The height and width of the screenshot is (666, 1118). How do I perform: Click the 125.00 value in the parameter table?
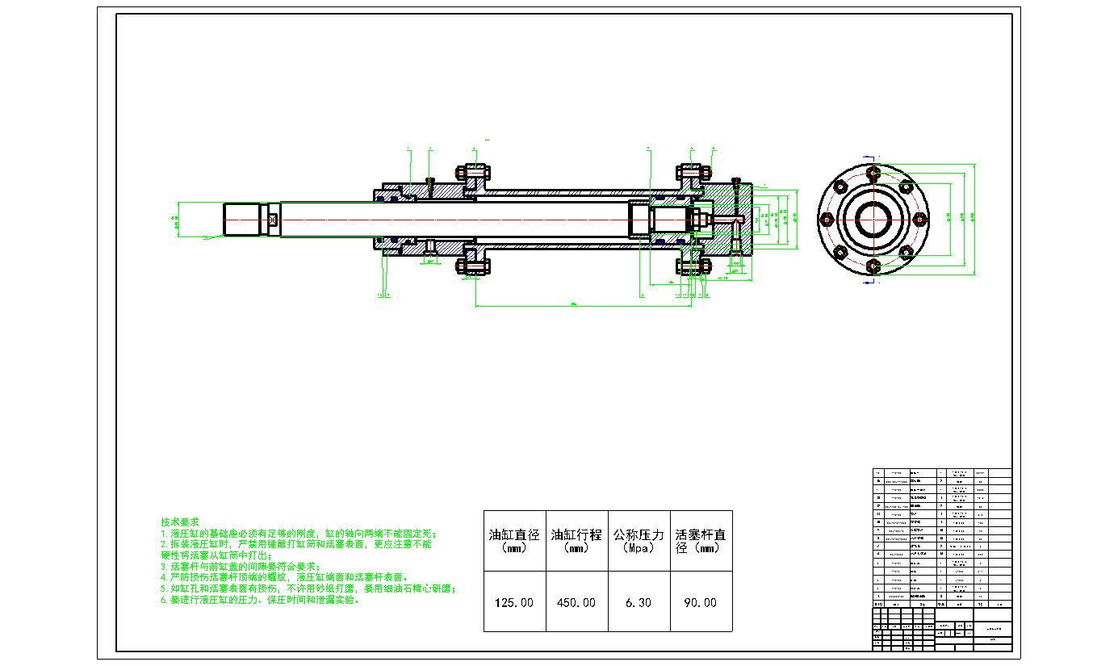[514, 603]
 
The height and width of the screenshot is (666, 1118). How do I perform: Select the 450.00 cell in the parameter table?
[576, 603]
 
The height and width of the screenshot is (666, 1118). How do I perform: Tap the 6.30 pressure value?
[639, 603]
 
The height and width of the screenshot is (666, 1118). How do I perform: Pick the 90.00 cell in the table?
[701, 603]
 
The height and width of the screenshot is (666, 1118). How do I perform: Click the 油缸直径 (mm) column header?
[514, 541]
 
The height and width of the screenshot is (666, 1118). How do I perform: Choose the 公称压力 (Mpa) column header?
[639, 541]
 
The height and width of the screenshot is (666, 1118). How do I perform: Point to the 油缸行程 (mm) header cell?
[576, 541]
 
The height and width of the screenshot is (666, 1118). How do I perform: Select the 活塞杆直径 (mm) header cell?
[701, 541]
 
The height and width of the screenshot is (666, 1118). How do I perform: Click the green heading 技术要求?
[180, 522]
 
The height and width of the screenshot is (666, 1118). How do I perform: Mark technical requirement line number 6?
[260, 600]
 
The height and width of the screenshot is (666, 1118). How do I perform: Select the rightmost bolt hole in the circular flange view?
[919, 220]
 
